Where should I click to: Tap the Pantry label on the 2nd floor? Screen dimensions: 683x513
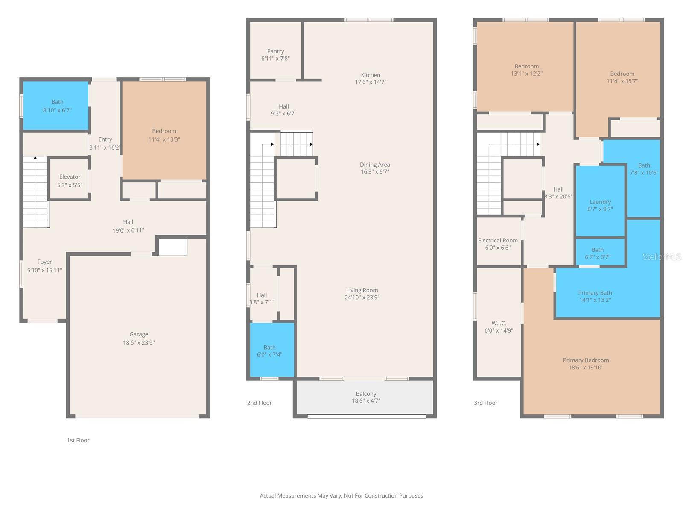(x=275, y=51)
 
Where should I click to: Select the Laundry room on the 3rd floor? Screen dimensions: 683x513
(x=600, y=201)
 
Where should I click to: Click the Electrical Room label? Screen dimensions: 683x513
(x=498, y=240)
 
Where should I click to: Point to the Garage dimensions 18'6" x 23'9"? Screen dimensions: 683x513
(x=139, y=342)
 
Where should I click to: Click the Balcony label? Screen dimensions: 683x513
(x=366, y=394)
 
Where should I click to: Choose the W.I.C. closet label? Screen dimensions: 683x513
(x=499, y=323)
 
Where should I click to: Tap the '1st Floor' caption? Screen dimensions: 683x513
(x=78, y=440)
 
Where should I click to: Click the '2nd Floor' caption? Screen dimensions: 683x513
(x=259, y=403)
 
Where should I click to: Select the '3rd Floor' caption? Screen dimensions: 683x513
(x=485, y=403)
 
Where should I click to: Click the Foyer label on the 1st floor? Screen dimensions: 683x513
(x=44, y=262)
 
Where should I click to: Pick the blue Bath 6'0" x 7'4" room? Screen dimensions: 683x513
(x=272, y=349)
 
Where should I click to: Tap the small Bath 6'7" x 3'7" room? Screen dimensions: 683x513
(x=600, y=252)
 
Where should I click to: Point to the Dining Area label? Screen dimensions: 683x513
(x=375, y=165)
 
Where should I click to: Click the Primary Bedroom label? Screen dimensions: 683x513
(x=586, y=360)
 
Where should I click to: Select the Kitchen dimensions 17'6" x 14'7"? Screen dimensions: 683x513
(x=370, y=82)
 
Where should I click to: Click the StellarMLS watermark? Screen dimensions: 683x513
(x=662, y=256)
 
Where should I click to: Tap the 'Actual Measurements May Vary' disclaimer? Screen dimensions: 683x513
(x=341, y=495)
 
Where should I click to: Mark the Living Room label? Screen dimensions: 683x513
(x=362, y=290)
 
